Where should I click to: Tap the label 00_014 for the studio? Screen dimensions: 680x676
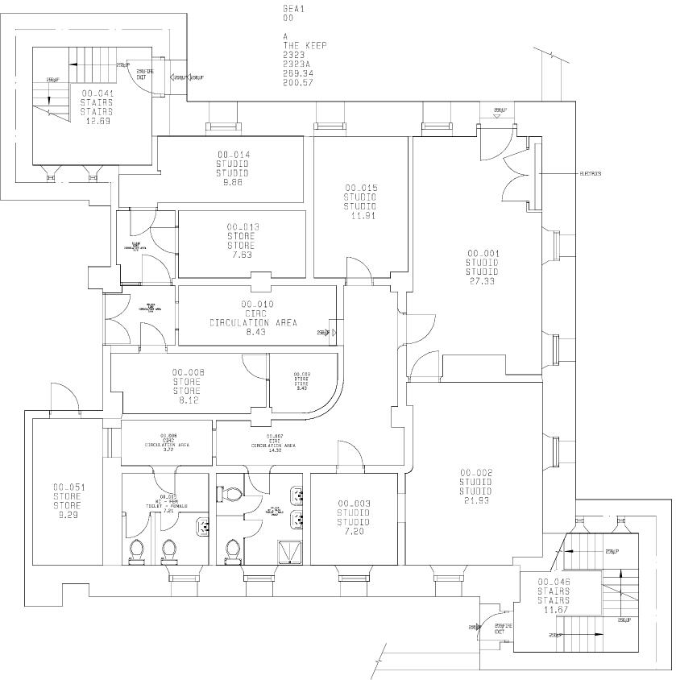[232, 154]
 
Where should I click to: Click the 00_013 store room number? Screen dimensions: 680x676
[242, 227]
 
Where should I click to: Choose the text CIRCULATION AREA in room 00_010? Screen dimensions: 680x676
[253, 322]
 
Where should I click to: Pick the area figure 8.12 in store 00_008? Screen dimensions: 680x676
[188, 400]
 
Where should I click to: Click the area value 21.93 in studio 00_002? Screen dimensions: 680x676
[475, 501]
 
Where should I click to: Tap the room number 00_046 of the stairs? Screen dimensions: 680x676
[554, 582]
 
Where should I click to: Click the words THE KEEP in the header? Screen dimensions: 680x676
[305, 45]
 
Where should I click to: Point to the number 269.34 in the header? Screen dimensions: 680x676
[297, 73]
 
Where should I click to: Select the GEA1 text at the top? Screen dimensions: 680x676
[294, 9]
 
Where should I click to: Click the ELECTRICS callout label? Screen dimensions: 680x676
[590, 174]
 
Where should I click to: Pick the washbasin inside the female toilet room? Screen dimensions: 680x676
[203, 525]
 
